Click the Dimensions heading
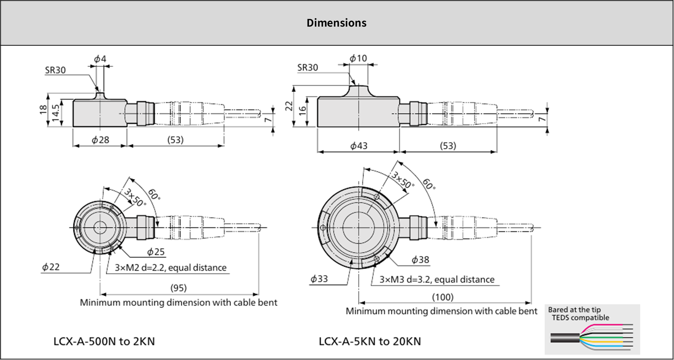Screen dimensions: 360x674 pyautogui.click(x=336, y=23)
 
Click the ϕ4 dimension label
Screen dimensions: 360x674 pyautogui.click(x=100, y=59)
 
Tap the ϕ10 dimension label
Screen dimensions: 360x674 pyautogui.click(x=358, y=58)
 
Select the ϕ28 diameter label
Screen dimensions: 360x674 pyautogui.click(x=100, y=140)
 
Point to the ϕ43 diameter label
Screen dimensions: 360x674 pyautogui.click(x=359, y=146)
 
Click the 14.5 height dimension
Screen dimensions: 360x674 pyautogui.click(x=55, y=113)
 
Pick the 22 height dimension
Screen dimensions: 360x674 pyautogui.click(x=289, y=106)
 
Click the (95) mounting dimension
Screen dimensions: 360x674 pyautogui.click(x=178, y=288)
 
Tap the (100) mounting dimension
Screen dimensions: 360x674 pyautogui.click(x=443, y=297)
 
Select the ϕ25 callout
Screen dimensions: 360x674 pyautogui.click(x=156, y=252)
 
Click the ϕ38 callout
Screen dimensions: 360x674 pyautogui.click(x=420, y=260)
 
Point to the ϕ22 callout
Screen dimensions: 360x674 pyautogui.click(x=51, y=267)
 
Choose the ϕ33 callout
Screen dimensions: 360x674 pyautogui.click(x=319, y=279)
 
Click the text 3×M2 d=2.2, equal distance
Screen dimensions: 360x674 pyautogui.click(x=170, y=268)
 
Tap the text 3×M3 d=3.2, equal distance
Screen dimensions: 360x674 pyautogui.click(x=437, y=280)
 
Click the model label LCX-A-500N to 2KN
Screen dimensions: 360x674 pyautogui.click(x=104, y=341)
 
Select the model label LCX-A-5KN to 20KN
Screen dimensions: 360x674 pyautogui.click(x=370, y=341)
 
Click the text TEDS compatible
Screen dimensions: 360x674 pyautogui.click(x=580, y=318)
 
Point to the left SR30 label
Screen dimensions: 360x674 pyautogui.click(x=55, y=70)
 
